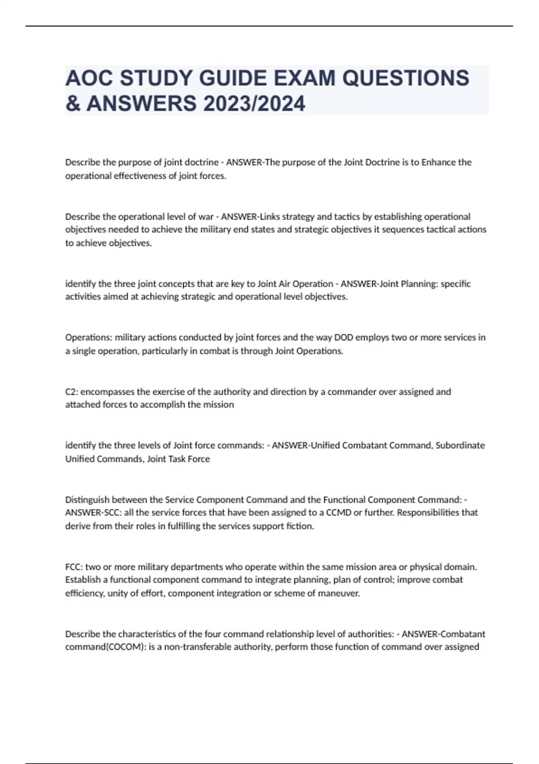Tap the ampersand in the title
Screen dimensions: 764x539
73,104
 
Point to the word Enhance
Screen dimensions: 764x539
439,162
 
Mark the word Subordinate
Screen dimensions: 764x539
460,445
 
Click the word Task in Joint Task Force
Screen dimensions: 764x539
178,459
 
